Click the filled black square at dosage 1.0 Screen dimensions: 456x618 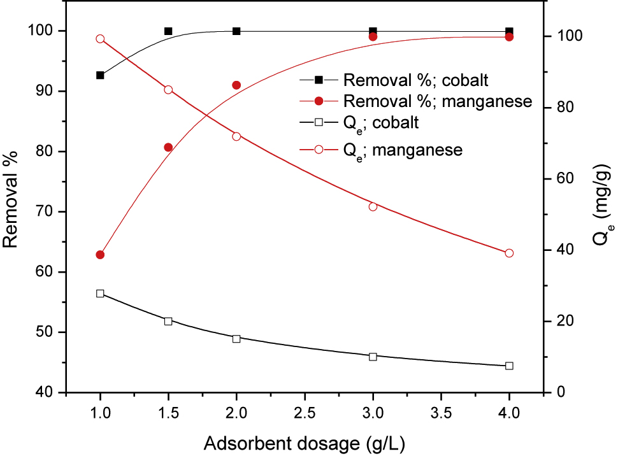[x=100, y=75]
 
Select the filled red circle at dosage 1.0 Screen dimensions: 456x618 [x=100, y=255]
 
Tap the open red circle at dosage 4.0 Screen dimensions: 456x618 [x=509, y=253]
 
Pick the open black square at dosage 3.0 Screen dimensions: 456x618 [x=373, y=356]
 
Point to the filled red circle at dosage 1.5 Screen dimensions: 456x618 [x=168, y=147]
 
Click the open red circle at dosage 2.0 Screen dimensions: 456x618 [x=236, y=136]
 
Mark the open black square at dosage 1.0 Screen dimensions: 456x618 [x=100, y=294]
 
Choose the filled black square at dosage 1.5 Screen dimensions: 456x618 [x=168, y=31]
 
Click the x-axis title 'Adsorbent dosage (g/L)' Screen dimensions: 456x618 [x=305, y=441]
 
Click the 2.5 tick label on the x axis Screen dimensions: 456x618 [x=305, y=413]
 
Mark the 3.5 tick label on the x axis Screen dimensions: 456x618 [x=441, y=413]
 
